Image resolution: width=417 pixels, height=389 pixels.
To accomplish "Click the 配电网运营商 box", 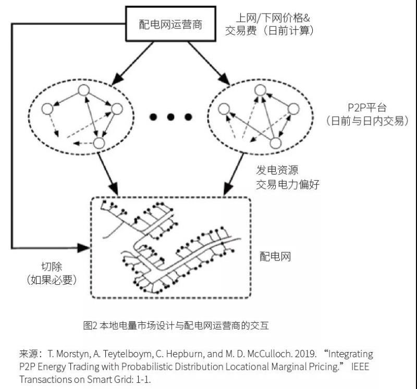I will point(170,24).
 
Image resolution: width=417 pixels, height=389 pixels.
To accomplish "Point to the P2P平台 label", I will point(356,107).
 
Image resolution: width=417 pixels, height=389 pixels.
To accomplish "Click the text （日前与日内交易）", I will point(366,121).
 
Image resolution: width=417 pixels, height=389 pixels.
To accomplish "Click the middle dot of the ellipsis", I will point(170,117).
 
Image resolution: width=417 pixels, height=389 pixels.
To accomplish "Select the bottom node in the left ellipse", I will point(99,142).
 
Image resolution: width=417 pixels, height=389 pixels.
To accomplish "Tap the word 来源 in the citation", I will point(28,354).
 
